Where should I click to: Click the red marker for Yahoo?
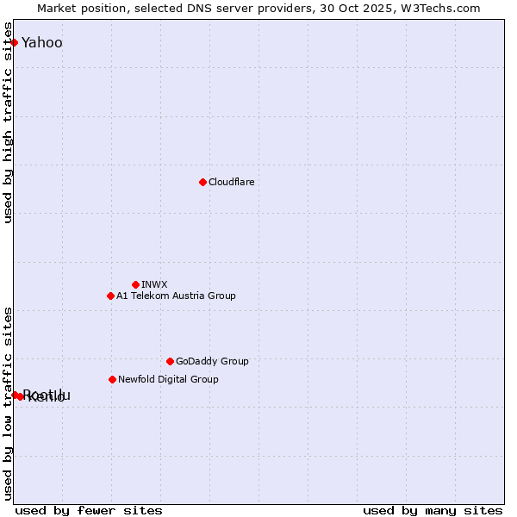14,42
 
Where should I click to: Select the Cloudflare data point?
202,182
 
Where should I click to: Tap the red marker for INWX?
135,284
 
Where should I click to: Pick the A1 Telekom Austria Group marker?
110,296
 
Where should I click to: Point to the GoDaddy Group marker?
170,361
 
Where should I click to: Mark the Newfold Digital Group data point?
112,379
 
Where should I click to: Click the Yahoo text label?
41,42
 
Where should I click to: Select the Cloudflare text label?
231,182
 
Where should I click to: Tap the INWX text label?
154,284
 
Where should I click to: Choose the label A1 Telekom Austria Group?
176,296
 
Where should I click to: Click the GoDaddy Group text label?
212,361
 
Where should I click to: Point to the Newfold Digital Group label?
168,379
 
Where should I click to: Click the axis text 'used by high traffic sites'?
9,129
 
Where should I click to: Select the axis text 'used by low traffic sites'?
9,403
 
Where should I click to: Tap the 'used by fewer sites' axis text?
89,510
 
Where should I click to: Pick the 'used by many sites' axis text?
433,510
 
